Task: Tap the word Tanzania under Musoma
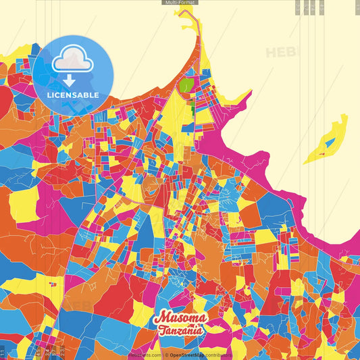click(180, 331)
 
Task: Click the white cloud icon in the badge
click(71, 60)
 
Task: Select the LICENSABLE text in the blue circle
click(73, 95)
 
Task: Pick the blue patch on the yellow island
click(329, 143)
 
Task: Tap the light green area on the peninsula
click(186, 87)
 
